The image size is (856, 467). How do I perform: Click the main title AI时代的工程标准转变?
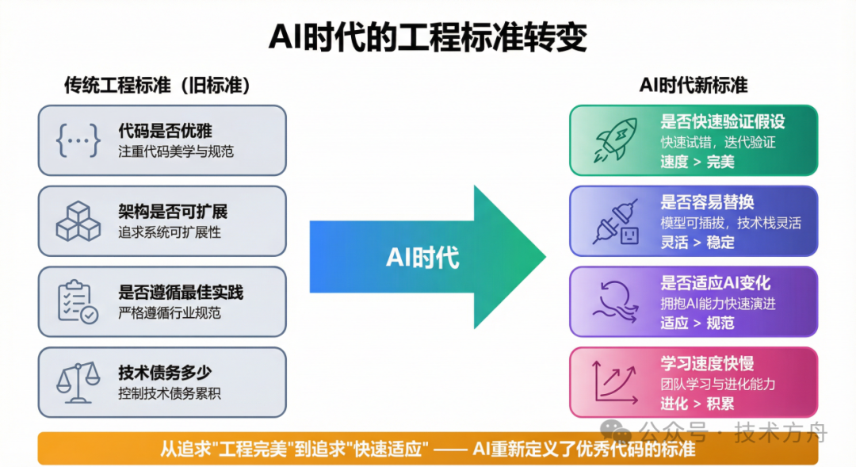[427, 36]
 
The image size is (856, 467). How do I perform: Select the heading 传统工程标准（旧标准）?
[158, 86]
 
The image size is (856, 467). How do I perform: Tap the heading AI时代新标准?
[694, 86]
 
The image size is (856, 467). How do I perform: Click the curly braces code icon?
[78, 140]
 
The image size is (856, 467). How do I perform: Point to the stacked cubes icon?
[78, 221]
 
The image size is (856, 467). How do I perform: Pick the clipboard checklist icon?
[78, 301]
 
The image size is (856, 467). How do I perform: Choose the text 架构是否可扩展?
[173, 212]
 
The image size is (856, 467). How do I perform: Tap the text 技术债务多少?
[165, 373]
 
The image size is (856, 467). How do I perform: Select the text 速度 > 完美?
[697, 162]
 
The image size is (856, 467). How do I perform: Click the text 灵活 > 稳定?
[697, 243]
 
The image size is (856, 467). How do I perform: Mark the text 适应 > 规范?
[697, 323]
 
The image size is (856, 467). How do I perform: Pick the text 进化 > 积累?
[697, 404]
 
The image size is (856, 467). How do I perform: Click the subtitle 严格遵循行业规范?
[170, 312]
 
